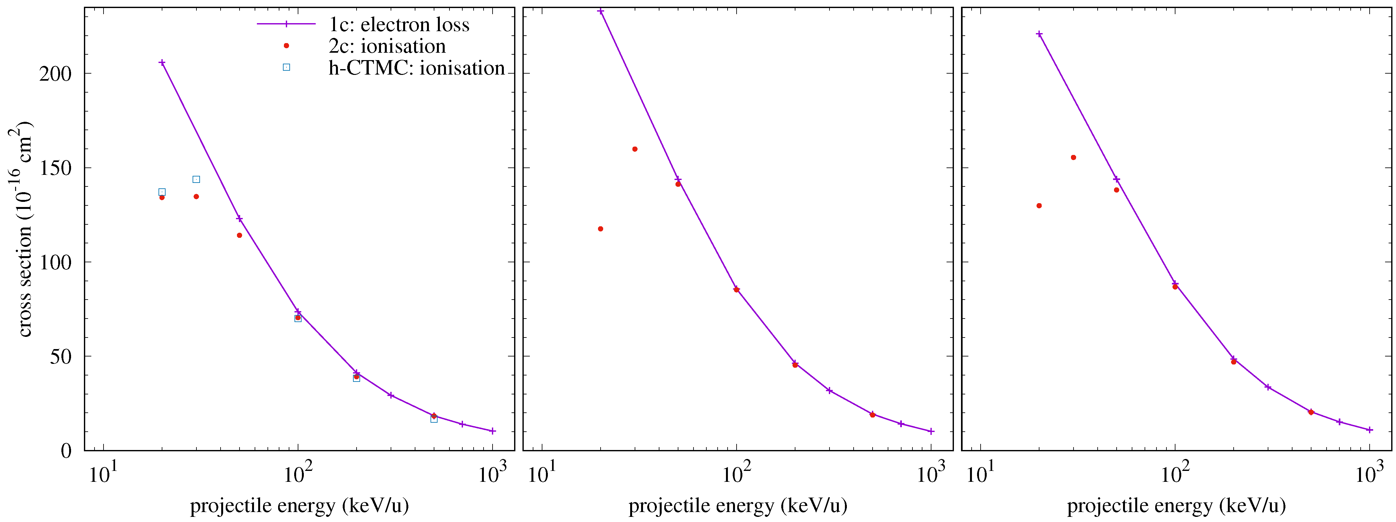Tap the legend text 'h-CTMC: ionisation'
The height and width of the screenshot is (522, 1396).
(416, 68)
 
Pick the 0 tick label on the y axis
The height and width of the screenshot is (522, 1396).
(66, 450)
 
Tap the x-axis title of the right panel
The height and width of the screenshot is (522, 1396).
(1176, 505)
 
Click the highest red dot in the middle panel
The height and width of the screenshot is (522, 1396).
(635, 149)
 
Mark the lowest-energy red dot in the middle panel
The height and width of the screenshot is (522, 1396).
(601, 229)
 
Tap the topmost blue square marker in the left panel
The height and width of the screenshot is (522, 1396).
(196, 179)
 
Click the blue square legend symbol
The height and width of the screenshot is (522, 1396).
(286, 67)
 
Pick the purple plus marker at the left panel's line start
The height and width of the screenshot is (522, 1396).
(162, 63)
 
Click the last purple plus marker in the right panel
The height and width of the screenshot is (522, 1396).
(1369, 430)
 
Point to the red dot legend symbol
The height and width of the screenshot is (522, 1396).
(286, 46)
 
